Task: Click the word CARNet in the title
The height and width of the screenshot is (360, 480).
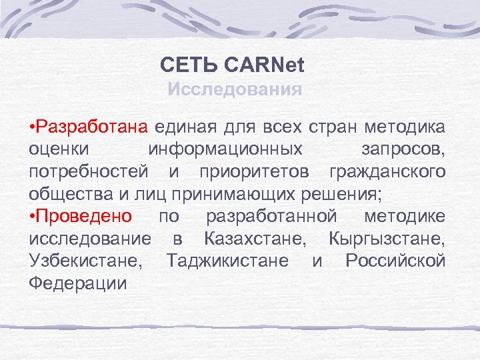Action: pos(265,66)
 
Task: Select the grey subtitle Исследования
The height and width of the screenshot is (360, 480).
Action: pos(235,89)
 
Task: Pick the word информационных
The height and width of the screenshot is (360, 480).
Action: pos(225,149)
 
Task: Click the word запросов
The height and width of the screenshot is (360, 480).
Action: pos(402,149)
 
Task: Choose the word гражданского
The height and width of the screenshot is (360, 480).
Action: pos(387,172)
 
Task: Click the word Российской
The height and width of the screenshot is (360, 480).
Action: pos(395,260)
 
